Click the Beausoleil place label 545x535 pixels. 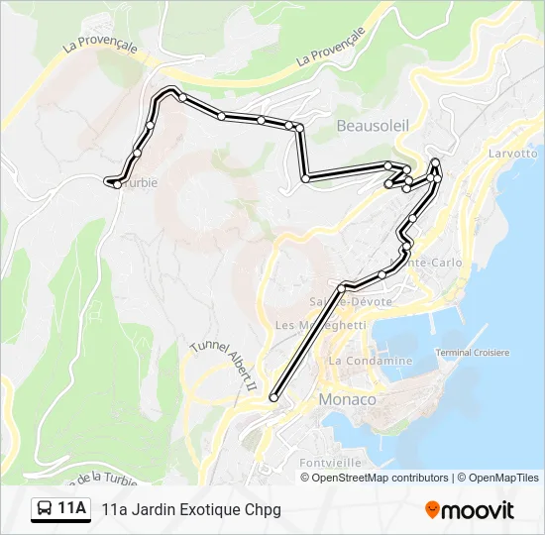coord(373,126)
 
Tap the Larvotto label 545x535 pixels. coord(513,154)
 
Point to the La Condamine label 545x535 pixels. coord(371,361)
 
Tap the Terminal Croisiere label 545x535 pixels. coord(473,353)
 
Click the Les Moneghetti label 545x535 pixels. coord(320,325)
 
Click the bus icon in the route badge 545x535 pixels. coord(46,509)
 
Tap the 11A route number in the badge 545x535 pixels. coord(71,509)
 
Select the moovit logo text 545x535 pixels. coord(478,510)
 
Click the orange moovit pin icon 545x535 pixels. coord(432,509)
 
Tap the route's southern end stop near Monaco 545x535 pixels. coord(273,398)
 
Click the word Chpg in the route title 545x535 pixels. coord(265,509)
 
